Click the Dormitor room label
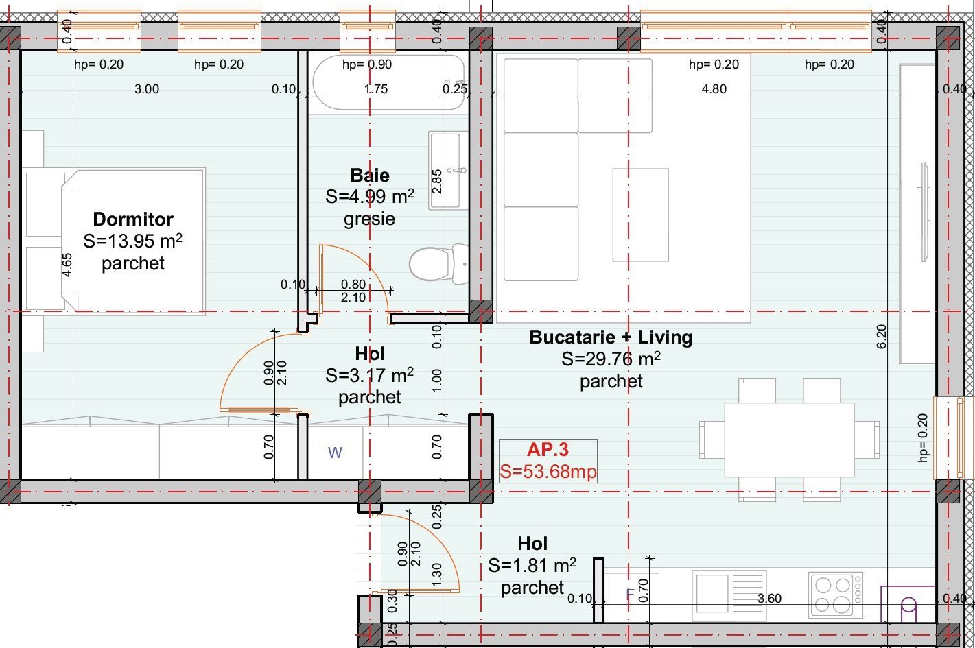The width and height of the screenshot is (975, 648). point(132,219)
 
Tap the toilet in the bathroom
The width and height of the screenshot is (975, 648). point(432,263)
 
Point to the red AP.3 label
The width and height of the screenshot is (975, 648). point(548,450)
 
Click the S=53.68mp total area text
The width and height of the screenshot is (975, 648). point(548,472)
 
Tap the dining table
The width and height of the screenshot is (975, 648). point(789,440)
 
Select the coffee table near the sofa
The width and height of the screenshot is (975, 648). point(640,215)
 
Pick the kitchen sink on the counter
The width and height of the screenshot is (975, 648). point(712,592)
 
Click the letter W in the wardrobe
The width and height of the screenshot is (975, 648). point(335,453)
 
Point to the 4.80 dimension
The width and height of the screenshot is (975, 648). point(714,88)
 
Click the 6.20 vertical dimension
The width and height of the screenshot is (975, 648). point(882,336)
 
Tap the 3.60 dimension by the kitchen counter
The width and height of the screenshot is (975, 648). point(768,598)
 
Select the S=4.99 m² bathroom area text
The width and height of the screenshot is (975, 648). point(370,197)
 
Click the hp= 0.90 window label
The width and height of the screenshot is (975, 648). point(367,64)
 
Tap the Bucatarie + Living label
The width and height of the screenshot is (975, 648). point(611,337)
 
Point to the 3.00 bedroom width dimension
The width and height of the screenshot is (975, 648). point(146,88)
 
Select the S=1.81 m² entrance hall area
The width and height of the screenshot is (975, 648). point(532,566)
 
